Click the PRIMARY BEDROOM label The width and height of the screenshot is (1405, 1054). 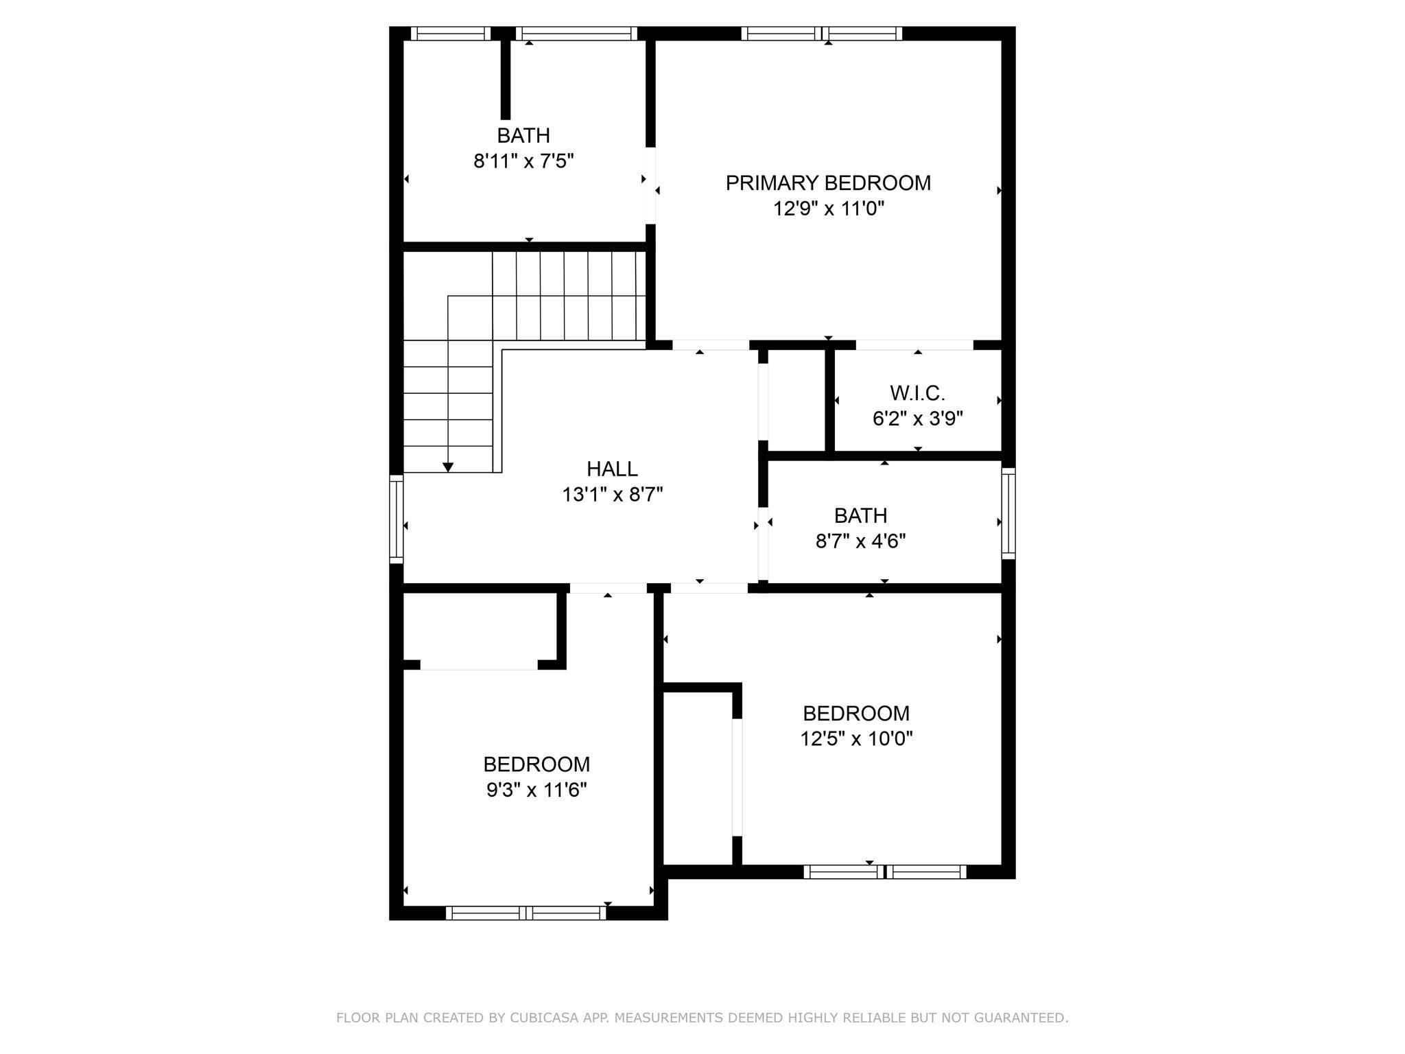point(828,183)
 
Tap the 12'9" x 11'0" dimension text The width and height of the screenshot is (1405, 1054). point(829,209)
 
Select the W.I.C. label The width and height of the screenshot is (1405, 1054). point(917,393)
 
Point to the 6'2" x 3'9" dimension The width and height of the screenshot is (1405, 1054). point(918,419)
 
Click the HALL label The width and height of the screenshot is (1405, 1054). point(612,469)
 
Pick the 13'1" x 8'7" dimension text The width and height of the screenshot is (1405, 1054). point(613,494)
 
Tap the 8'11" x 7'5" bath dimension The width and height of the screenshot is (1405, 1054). point(523,161)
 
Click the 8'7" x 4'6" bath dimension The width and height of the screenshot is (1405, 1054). point(860,541)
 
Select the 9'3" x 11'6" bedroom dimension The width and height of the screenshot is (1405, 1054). point(536,790)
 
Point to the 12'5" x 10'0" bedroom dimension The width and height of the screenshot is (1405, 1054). point(856,739)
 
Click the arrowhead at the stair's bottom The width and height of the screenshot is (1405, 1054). point(448,467)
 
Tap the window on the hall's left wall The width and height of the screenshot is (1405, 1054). point(396,519)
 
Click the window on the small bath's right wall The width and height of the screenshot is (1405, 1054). point(1008,513)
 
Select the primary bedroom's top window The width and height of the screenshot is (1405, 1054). point(822,34)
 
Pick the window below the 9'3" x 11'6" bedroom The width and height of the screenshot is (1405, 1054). point(526,913)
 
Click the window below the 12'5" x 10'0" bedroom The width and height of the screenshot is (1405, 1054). point(885,871)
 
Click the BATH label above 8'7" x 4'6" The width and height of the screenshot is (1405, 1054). point(860,515)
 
